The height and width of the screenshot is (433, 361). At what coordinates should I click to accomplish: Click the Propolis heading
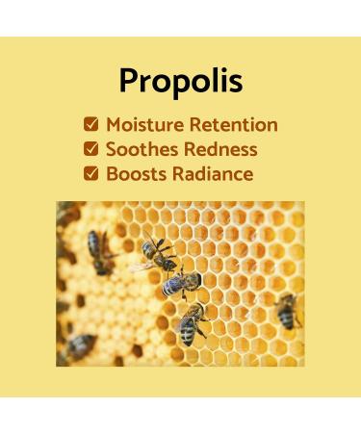[180, 80]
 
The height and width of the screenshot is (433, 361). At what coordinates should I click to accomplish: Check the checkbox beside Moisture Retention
[90, 124]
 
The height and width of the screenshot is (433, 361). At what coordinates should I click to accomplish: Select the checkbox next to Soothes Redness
[90, 149]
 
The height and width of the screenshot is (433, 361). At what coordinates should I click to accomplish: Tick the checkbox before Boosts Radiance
[90, 174]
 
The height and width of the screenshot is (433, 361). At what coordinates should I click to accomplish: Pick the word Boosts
[137, 174]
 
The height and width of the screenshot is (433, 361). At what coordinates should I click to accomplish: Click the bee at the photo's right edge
[286, 310]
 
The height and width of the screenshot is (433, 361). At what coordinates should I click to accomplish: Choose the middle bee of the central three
[180, 282]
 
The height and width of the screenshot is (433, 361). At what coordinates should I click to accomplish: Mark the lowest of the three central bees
[191, 323]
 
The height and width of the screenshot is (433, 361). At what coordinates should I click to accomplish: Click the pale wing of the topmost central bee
[143, 265]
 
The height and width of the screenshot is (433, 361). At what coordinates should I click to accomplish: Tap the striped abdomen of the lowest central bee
[189, 332]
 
